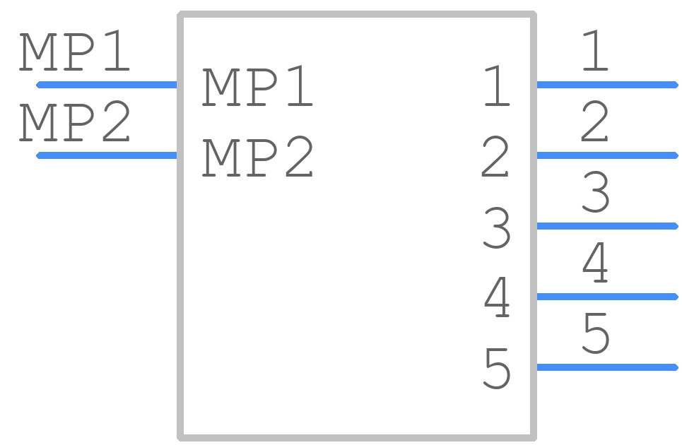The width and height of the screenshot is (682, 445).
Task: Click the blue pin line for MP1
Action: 107,85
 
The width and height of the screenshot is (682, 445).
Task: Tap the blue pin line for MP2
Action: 107,155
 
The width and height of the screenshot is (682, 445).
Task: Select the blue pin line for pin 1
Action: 608,85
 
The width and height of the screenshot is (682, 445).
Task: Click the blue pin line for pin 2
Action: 608,155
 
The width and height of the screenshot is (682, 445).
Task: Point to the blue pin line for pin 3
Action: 608,226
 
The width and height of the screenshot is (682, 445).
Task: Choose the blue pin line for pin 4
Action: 608,297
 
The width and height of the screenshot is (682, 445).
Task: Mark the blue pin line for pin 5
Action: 608,367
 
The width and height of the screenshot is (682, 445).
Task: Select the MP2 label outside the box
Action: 74,121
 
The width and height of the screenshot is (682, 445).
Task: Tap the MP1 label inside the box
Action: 257,86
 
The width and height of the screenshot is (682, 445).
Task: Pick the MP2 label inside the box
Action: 257,157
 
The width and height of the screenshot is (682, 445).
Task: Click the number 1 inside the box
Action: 497,86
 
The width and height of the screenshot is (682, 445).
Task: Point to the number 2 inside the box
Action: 495,157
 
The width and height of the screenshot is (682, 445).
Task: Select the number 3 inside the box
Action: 497,227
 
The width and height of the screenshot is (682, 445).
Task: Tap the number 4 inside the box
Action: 497,298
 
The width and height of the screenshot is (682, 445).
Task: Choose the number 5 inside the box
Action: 497,369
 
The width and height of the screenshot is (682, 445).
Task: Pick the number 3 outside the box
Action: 596,192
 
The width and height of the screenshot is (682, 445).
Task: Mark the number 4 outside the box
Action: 595,263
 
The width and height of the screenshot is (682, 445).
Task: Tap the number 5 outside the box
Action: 596,333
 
